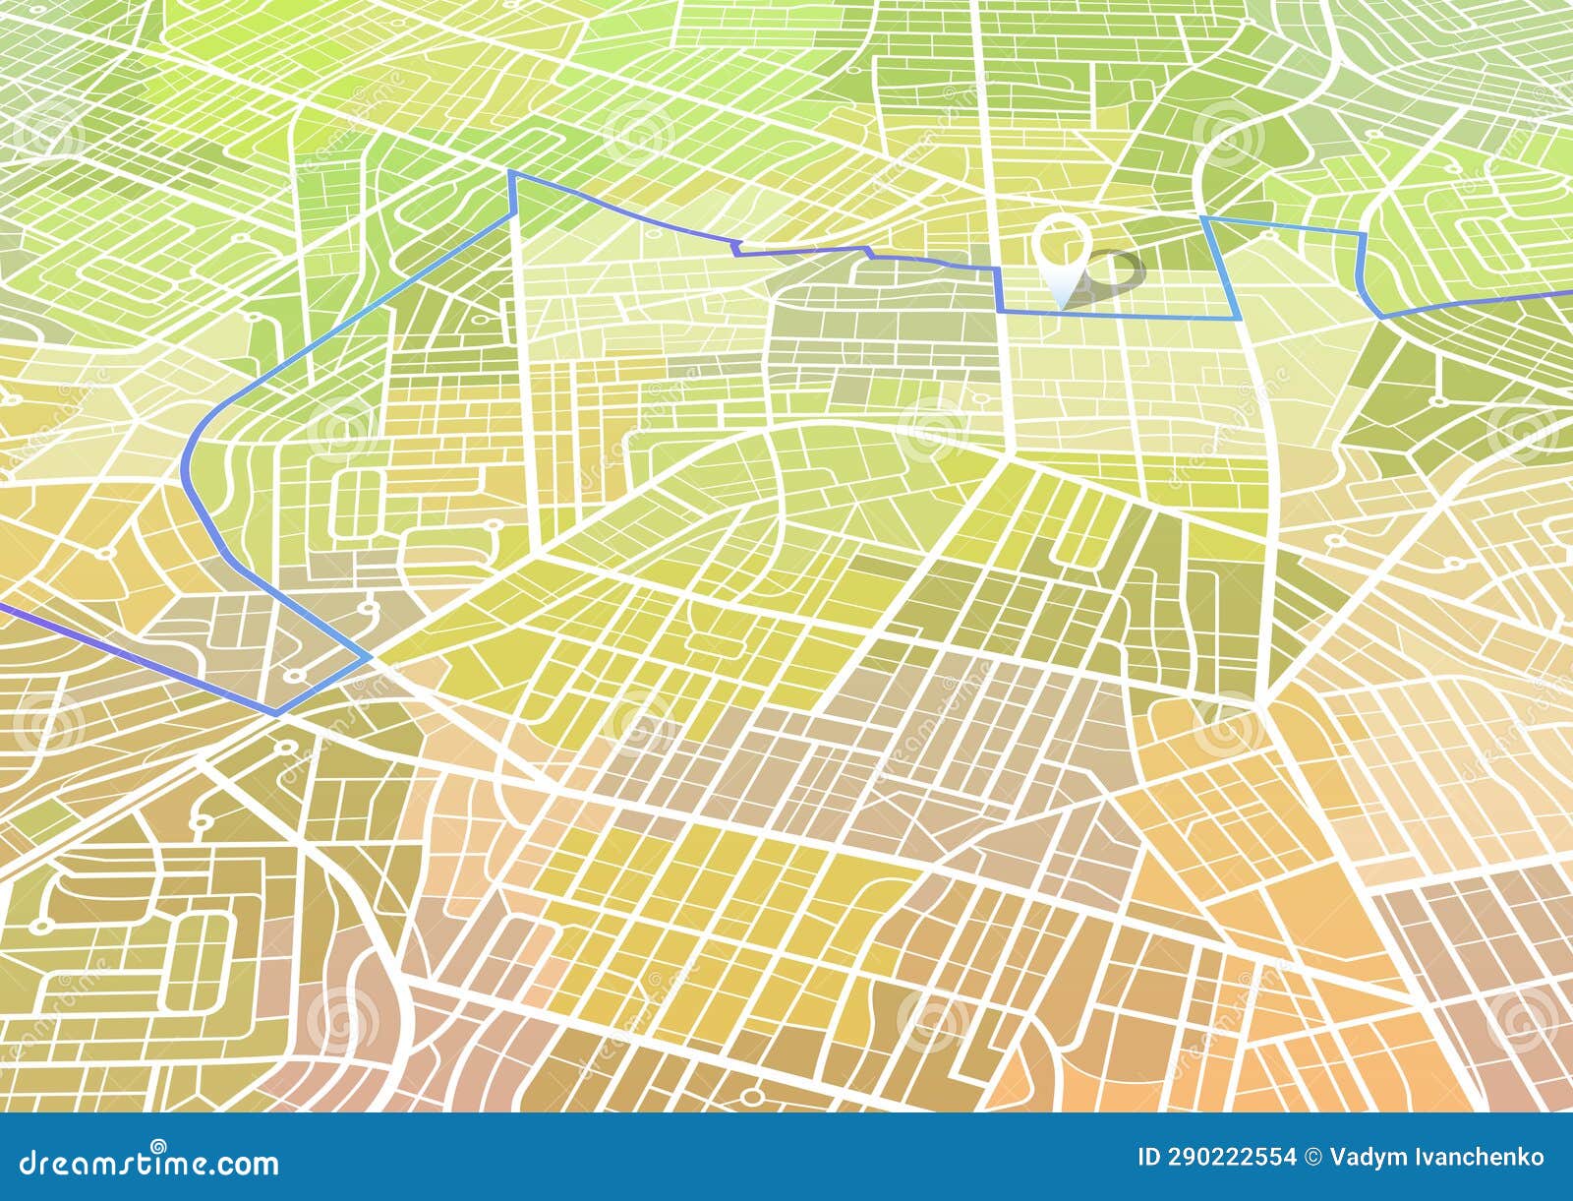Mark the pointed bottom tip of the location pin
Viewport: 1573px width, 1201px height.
(1062, 305)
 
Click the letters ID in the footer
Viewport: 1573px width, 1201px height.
(1147, 1157)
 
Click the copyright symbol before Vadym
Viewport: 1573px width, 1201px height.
(1313, 1157)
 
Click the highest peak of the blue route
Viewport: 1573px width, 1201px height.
(511, 173)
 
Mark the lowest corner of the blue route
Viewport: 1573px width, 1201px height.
(276, 713)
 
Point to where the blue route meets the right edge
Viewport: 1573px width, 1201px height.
(1569, 292)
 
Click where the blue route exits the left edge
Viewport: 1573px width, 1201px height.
(3, 607)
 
